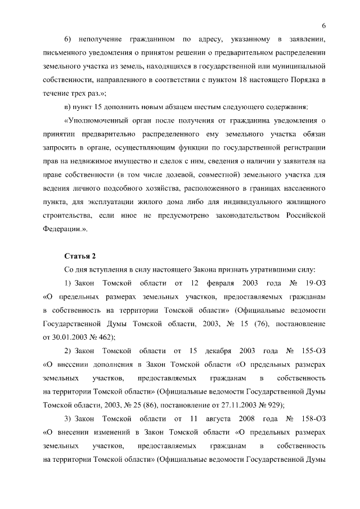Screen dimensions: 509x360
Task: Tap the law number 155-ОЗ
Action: pos(310,351)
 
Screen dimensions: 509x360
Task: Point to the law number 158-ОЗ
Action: pos(310,419)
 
